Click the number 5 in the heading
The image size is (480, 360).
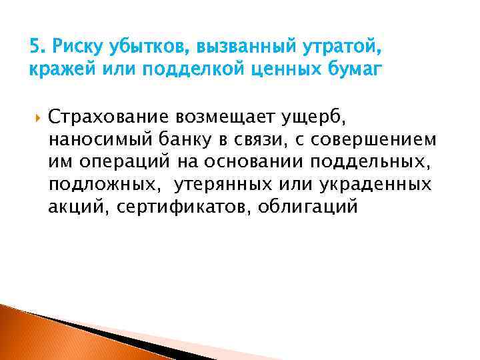[35, 47]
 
